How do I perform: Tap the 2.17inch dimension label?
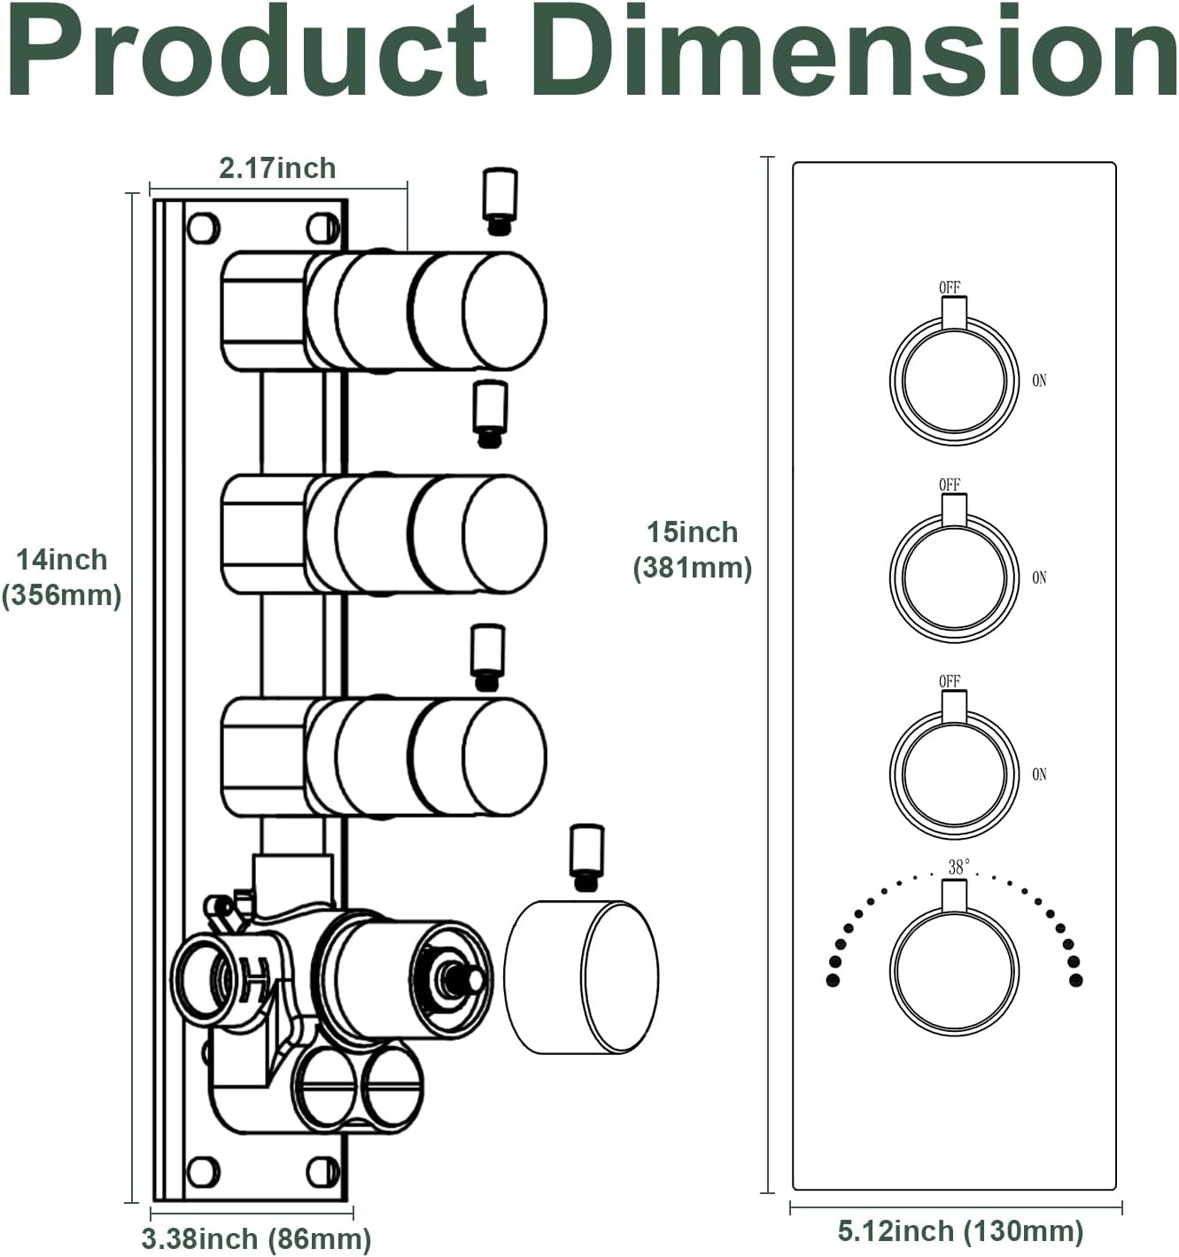pyautogui.click(x=277, y=168)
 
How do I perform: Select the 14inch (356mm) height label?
pyautogui.click(x=61, y=578)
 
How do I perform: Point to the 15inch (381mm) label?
pyautogui.click(x=692, y=549)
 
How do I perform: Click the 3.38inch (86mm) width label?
pyautogui.click(x=256, y=1238)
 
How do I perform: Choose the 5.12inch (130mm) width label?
pyautogui.click(x=960, y=1230)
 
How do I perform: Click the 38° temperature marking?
pyautogui.click(x=958, y=867)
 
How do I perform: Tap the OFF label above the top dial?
pyautogui.click(x=950, y=288)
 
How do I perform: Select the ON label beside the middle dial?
pyautogui.click(x=1039, y=578)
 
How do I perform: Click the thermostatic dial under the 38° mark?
pyautogui.click(x=955, y=971)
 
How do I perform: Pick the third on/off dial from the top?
pyautogui.click(x=955, y=773)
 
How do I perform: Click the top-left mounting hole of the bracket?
pyautogui.click(x=202, y=228)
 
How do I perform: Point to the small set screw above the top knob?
pyautogui.click(x=500, y=199)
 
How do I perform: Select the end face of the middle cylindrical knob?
pyautogui.click(x=504, y=533)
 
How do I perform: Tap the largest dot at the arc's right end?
pyautogui.click(x=1076, y=980)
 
